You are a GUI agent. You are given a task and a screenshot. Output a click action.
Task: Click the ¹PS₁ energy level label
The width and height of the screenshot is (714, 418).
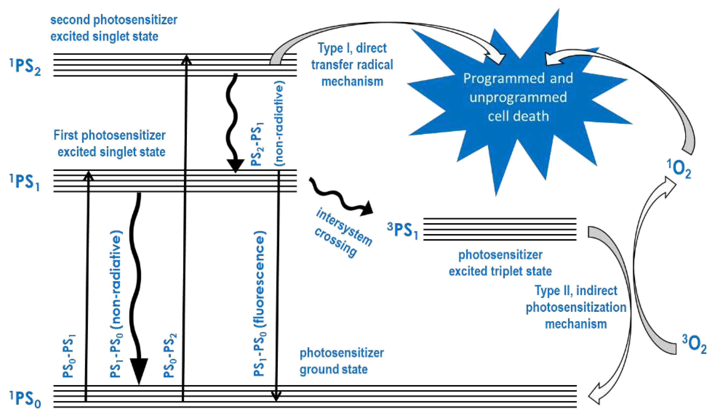pos(25,182)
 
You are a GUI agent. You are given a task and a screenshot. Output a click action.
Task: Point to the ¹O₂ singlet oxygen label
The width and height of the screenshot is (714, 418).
pos(679,169)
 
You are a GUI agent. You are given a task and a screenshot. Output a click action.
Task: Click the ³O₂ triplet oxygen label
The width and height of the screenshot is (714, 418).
pos(694,344)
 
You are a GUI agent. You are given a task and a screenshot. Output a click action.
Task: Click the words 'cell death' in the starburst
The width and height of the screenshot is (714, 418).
pos(518,116)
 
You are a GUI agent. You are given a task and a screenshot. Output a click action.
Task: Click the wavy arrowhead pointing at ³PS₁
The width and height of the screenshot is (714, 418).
pos(367,209)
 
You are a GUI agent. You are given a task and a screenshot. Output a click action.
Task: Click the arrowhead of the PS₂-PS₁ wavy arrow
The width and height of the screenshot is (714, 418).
pos(235,166)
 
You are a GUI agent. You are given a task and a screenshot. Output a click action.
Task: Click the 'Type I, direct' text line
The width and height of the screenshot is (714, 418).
pos(352,48)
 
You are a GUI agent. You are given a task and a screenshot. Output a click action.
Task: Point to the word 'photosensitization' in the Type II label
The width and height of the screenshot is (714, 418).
pos(576,307)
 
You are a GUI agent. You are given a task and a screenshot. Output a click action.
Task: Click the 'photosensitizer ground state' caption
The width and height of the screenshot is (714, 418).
pos(341,361)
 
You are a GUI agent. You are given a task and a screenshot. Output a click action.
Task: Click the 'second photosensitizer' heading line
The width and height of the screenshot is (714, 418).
pos(114,20)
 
